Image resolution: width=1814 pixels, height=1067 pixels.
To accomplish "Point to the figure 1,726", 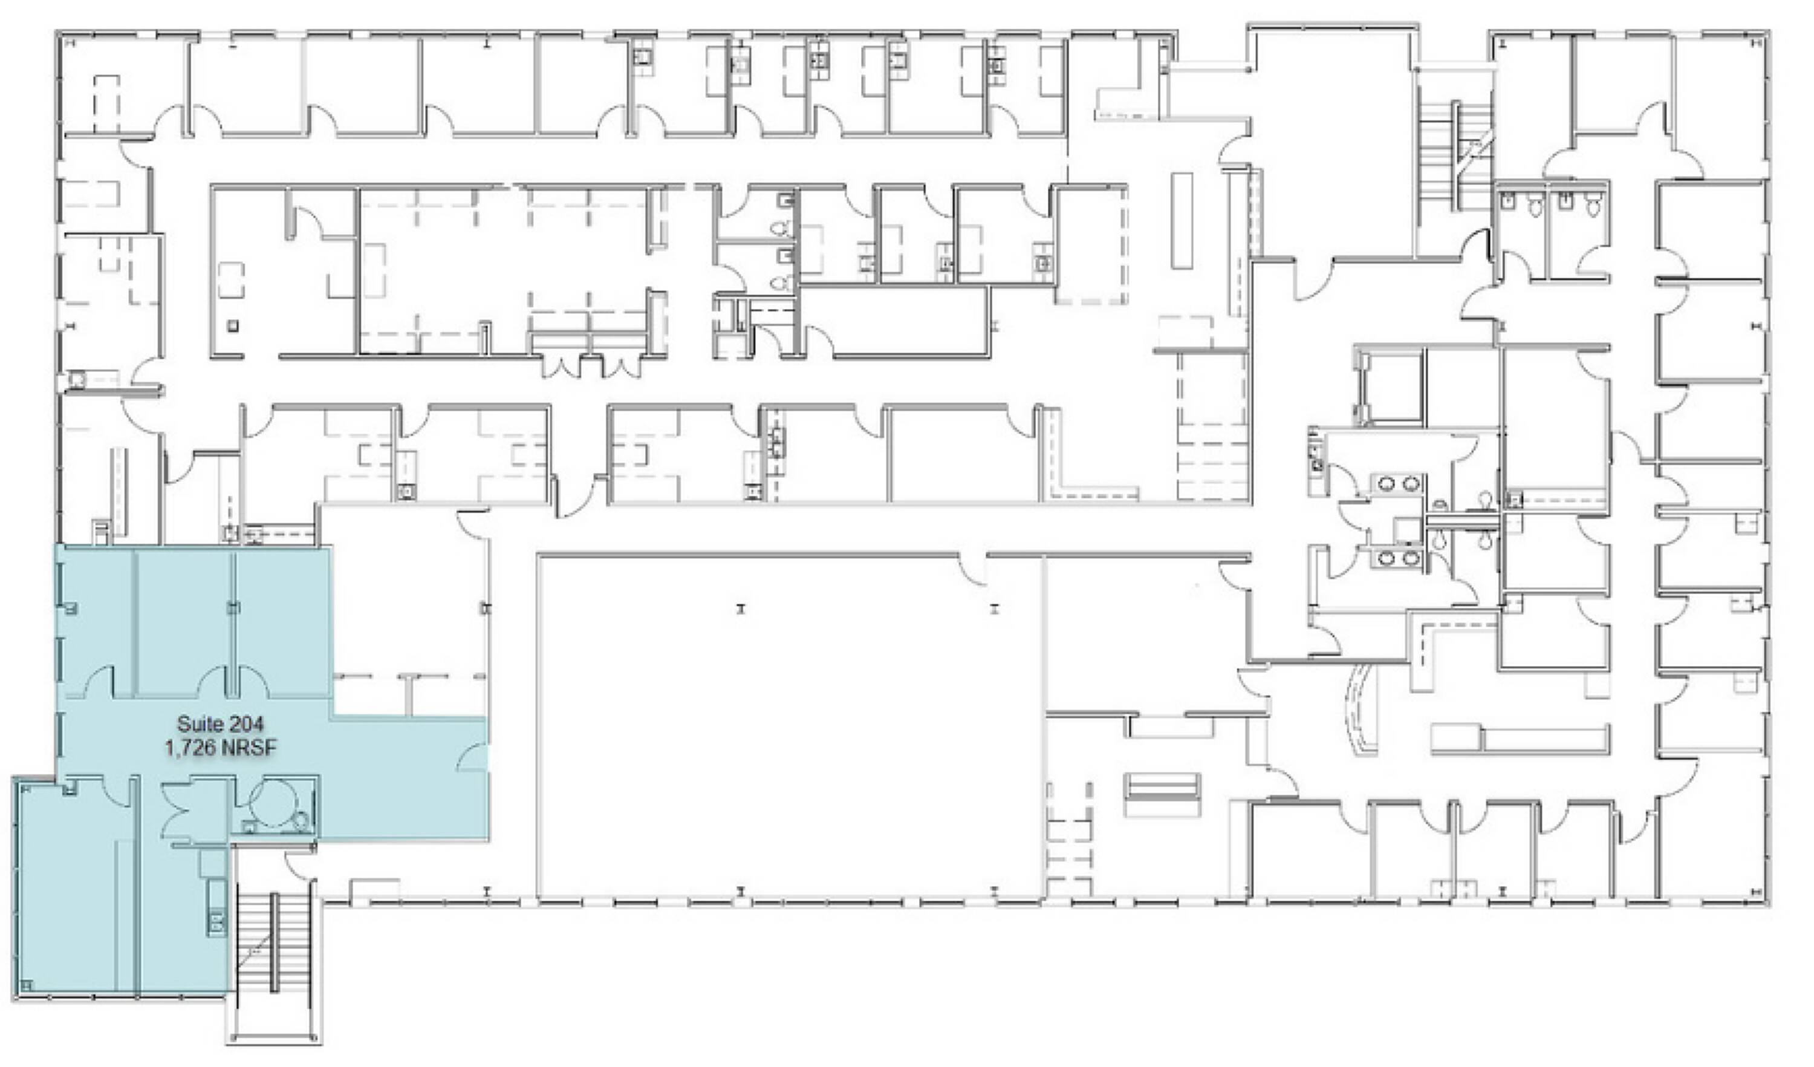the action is pos(190,749).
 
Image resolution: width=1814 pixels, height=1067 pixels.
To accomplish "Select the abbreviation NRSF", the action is pos(249,749).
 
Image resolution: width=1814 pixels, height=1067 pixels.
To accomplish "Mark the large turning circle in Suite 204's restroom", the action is pos(273,804).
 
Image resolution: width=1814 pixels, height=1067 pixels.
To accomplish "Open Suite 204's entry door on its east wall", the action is pos(472,756).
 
